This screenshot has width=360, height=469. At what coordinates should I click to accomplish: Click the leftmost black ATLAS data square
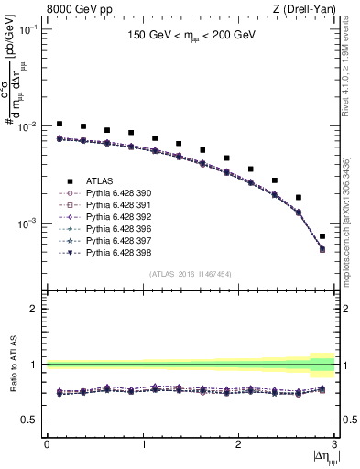click(x=60, y=124)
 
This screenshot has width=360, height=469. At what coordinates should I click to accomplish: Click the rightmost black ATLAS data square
click(x=322, y=236)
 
